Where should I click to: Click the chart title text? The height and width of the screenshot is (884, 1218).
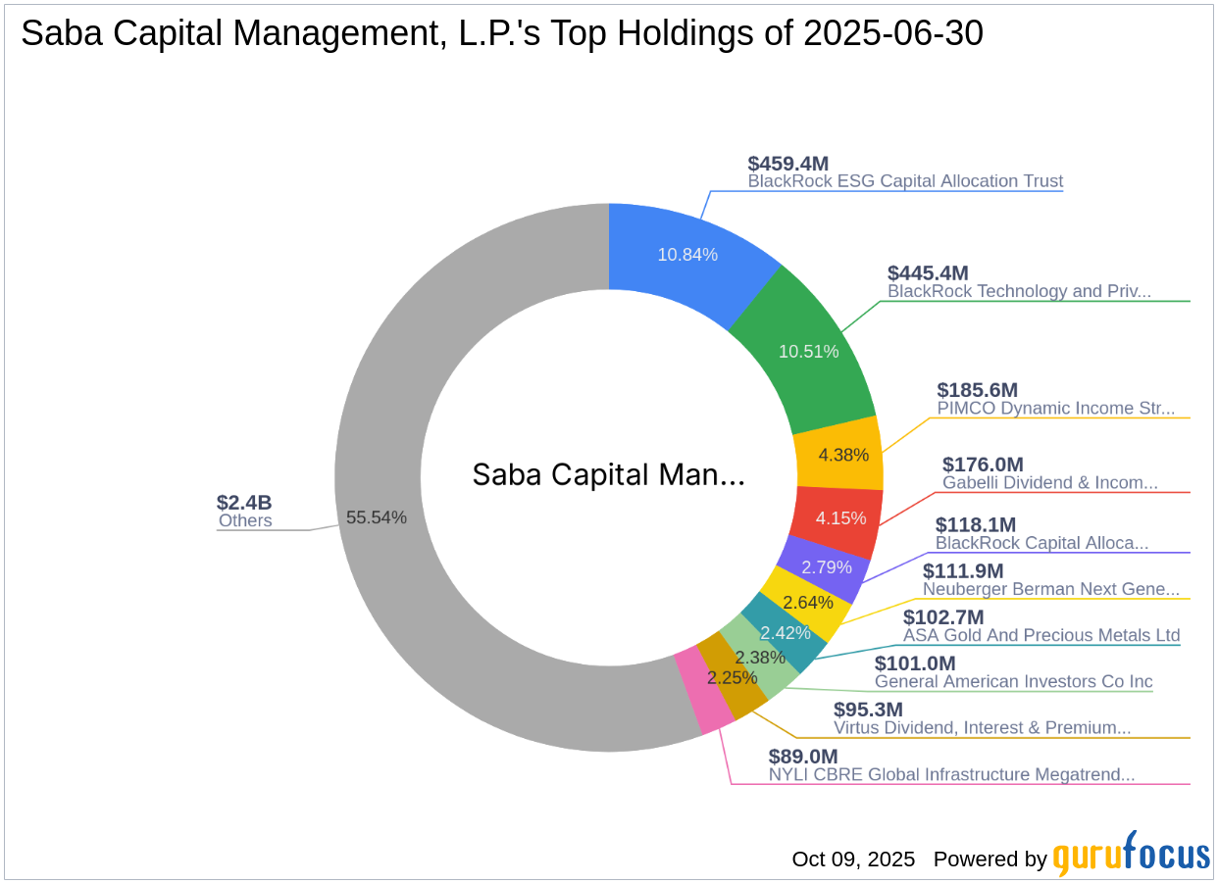[x=501, y=33]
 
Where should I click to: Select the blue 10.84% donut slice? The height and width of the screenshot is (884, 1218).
[x=687, y=254]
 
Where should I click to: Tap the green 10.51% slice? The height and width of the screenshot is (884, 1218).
[x=809, y=351]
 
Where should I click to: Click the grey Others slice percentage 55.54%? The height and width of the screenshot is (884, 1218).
[x=376, y=517]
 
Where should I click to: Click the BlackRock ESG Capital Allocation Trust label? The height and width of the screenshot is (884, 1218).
[x=905, y=181]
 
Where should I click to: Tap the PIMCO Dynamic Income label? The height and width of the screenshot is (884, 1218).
[x=1055, y=409]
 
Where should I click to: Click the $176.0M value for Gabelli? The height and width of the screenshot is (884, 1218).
[x=983, y=465]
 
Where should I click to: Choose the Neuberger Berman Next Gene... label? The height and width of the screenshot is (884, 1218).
[x=1051, y=589]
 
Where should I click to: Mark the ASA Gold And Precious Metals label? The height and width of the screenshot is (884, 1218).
[x=1041, y=635]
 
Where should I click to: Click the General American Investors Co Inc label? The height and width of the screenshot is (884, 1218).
[x=1013, y=681]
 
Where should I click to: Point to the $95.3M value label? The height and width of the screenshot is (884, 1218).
[x=868, y=709]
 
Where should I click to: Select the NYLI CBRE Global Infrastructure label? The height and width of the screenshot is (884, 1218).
[x=951, y=774]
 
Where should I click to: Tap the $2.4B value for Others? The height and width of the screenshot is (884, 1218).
[x=244, y=503]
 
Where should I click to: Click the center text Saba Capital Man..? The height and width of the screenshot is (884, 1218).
[x=608, y=475]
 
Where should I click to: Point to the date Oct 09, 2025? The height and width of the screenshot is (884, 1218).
[x=853, y=859]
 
